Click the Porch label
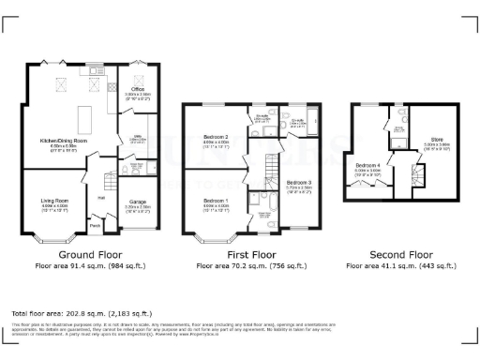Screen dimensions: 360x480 [95, 225]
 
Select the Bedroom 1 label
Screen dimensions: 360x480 [216, 200]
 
